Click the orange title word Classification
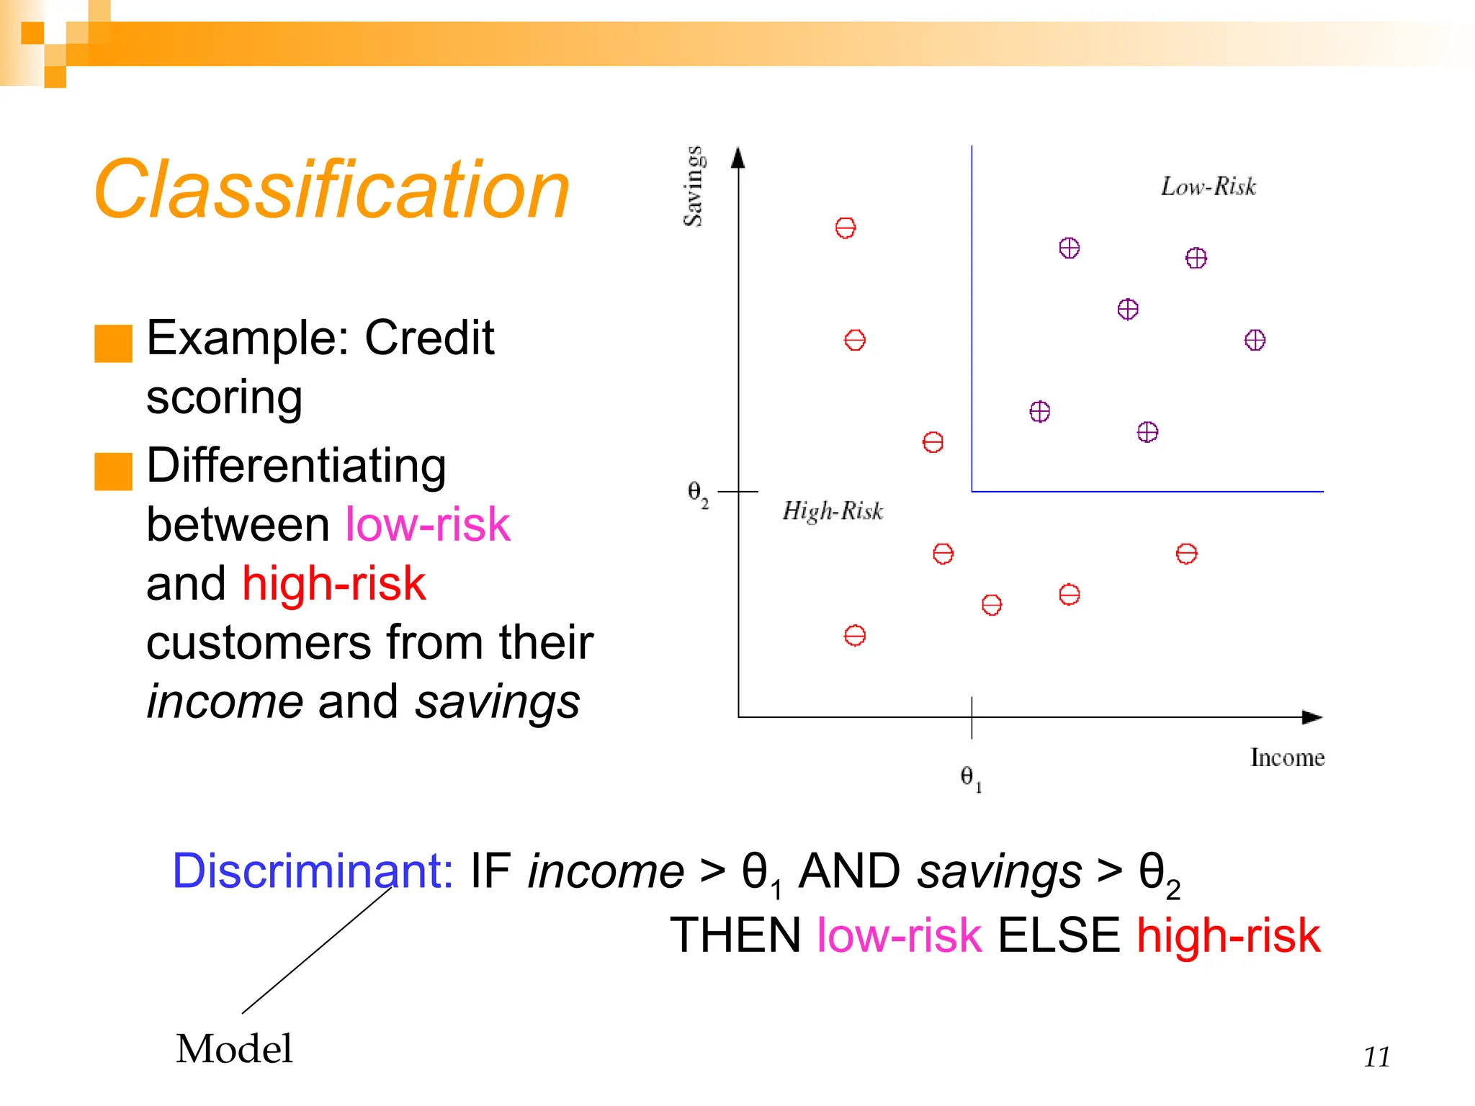tap(331, 189)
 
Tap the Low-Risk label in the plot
tap(1208, 186)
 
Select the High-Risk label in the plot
tap(833, 511)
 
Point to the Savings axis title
tap(693, 186)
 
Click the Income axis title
tap(1287, 757)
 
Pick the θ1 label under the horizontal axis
tap(970, 777)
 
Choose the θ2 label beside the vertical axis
tap(697, 493)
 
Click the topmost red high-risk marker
tap(845, 228)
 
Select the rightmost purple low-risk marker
tap(1255, 340)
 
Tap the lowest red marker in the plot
tap(854, 636)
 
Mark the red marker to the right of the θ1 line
tap(1186, 554)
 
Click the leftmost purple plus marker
tap(1039, 411)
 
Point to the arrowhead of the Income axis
tap(1312, 717)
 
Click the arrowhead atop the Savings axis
tap(737, 158)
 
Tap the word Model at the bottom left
tap(234, 1048)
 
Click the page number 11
tap(1376, 1057)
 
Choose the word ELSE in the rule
tap(1058, 935)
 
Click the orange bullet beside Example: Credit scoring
tap(113, 343)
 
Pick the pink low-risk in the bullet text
tap(427, 523)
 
